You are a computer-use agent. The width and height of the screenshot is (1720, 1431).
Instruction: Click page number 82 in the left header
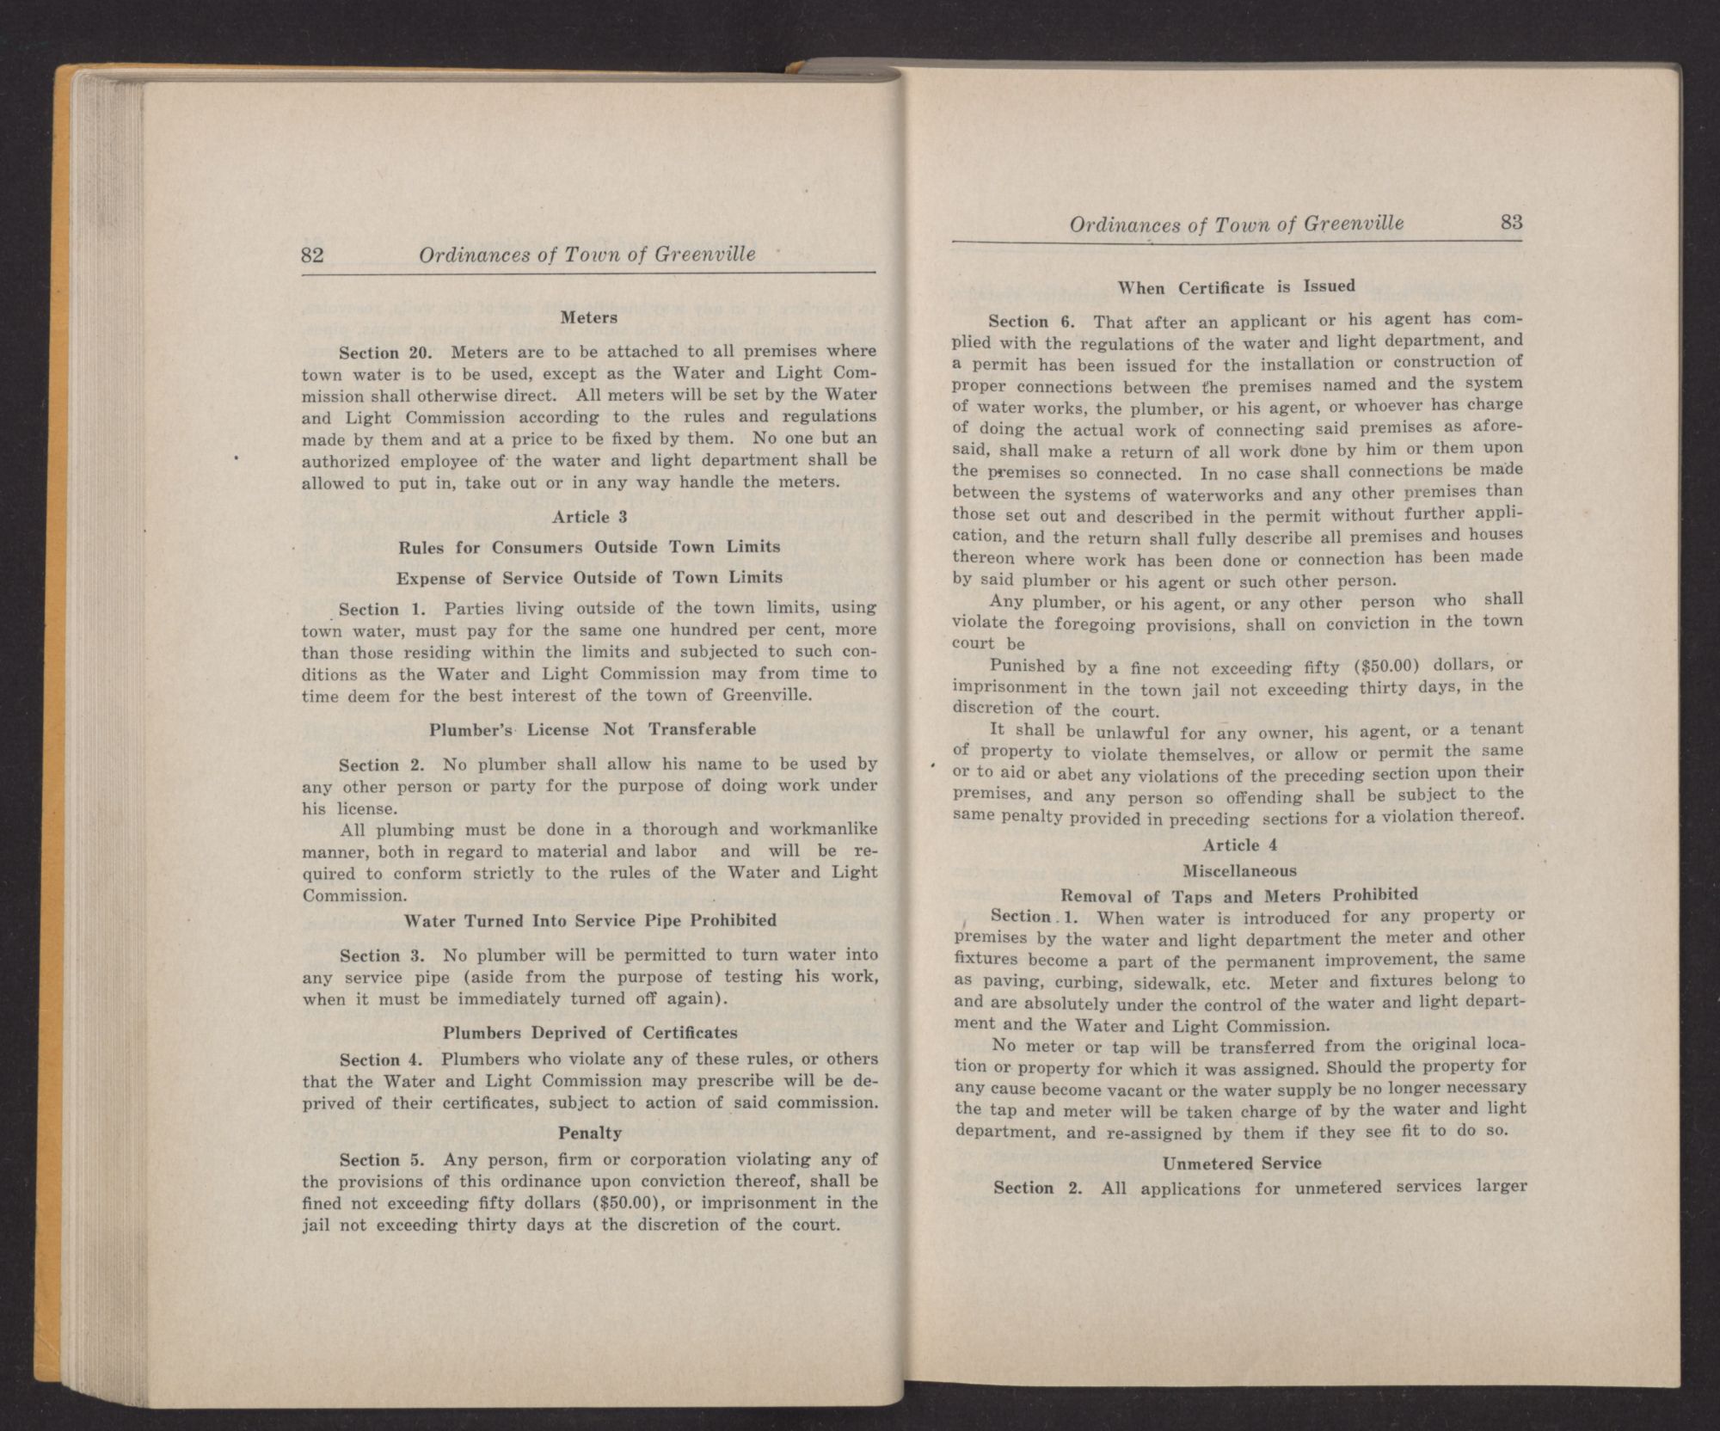(312, 255)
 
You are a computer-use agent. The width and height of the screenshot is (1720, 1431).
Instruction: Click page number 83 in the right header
(1511, 223)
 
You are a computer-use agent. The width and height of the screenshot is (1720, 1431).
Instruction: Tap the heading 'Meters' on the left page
(589, 317)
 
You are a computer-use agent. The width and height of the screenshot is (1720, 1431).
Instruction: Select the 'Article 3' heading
(589, 517)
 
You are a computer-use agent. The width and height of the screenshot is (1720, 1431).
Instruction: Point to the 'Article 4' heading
(1238, 845)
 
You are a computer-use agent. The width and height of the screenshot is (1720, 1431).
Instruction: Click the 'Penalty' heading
(590, 1133)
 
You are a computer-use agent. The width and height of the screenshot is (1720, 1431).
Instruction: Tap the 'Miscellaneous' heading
(1239, 871)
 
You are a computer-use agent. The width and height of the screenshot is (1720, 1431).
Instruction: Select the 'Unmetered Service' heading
(1241, 1164)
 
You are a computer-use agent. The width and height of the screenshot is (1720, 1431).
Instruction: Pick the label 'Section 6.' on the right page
(1031, 322)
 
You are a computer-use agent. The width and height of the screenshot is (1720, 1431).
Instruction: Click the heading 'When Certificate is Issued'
(1237, 287)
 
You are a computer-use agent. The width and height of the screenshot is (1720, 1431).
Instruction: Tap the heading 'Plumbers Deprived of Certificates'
(590, 1032)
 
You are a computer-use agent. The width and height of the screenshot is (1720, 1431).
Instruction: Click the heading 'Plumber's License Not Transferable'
(593, 729)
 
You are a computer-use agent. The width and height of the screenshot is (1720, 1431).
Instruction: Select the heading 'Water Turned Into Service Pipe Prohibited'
(590, 920)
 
